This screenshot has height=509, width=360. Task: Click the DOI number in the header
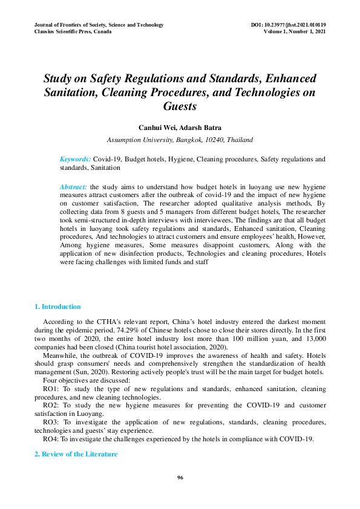[x=288, y=25]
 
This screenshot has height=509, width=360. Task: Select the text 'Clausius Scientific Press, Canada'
[x=73, y=31]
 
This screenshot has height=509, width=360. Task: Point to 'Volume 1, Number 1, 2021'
[x=295, y=31]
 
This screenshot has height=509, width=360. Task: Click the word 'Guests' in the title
[x=180, y=106]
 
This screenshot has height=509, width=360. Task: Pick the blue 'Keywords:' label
[x=75, y=159]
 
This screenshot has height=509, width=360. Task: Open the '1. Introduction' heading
[x=57, y=306]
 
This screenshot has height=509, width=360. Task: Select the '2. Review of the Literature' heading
[x=76, y=454]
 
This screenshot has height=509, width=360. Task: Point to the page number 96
[x=180, y=478]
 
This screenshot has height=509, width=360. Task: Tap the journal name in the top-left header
[x=99, y=25]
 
